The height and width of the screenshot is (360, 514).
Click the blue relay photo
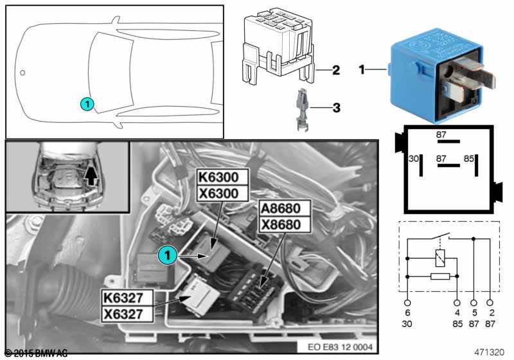pyautogui.click(x=439, y=75)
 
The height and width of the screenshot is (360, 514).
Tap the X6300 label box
pyautogui.click(x=221, y=194)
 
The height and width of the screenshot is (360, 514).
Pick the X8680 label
pyautogui.click(x=283, y=225)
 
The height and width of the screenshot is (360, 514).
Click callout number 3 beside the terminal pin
pyautogui.click(x=335, y=107)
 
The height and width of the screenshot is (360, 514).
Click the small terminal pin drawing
pyautogui.click(x=301, y=110)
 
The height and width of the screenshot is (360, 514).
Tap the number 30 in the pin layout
pyautogui.click(x=414, y=158)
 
